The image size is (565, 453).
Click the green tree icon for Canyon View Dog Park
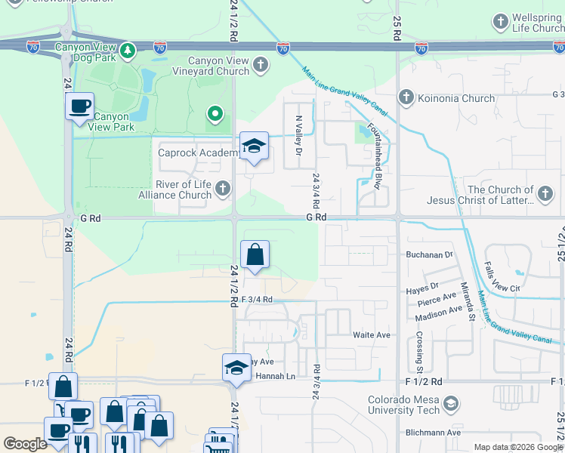coord(129,51)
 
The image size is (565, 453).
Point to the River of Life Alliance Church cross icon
coord(222,188)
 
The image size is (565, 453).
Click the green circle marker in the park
coord(215,114)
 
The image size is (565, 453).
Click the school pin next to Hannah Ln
coord(236,368)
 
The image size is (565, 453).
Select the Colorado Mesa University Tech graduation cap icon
coord(451,405)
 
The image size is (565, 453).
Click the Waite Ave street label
coord(371,334)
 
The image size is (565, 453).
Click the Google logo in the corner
coord(25,443)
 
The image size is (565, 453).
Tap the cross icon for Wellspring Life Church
coord(501,20)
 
